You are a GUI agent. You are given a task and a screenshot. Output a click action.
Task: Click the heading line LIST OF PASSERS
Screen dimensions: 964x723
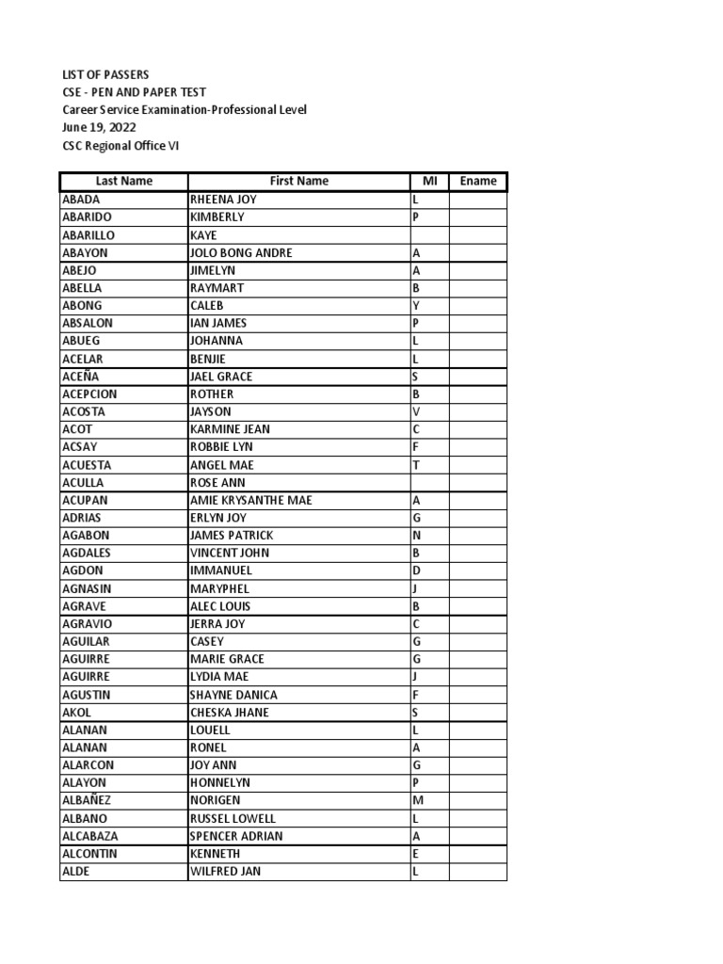pos(104,74)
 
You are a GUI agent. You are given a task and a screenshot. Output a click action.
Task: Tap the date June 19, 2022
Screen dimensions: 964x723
pos(98,127)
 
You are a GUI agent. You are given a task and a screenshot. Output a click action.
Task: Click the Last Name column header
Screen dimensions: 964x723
pos(123,181)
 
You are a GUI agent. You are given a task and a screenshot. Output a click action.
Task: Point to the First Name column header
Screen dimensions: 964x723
pos(298,181)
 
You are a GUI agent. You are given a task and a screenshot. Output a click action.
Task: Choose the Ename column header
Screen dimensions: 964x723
pos(477,181)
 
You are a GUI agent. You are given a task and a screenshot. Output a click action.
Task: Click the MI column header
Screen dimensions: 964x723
pos(429,181)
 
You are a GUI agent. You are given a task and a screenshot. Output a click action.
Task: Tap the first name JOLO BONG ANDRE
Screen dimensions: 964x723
pos(241,252)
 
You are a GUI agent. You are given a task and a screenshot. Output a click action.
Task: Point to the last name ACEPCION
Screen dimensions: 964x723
pos(89,394)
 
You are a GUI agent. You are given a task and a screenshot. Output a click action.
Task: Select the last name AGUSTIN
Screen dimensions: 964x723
pos(86,695)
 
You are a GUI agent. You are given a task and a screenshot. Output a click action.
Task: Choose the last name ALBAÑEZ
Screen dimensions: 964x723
pos(88,800)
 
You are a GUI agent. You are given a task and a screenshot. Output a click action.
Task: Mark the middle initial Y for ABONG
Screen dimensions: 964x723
pos(415,306)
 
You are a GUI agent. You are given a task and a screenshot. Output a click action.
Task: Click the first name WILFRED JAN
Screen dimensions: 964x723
pos(225,871)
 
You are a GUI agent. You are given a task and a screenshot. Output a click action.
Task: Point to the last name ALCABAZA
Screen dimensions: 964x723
pos(90,836)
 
